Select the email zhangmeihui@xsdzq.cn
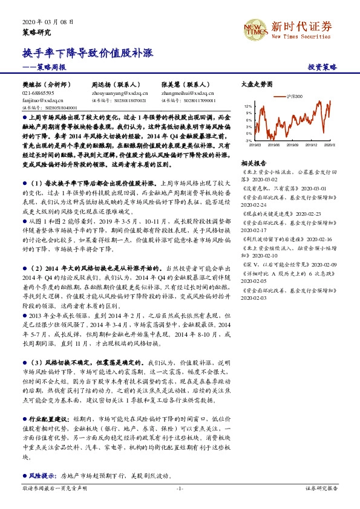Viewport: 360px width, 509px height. coord(188,94)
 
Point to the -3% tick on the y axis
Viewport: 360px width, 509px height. coord(248,140)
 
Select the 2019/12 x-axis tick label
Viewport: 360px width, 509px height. coord(312,145)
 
